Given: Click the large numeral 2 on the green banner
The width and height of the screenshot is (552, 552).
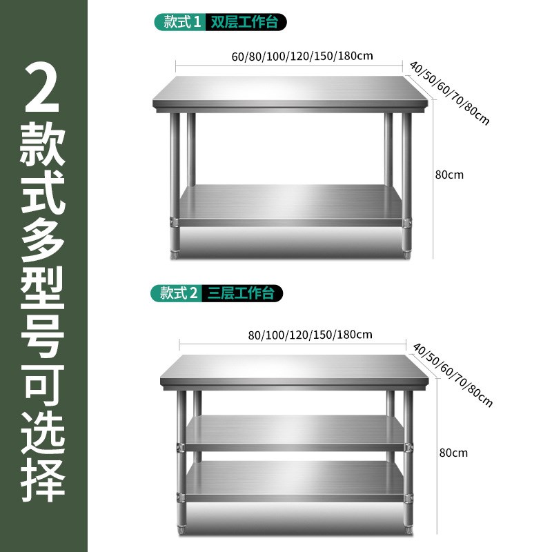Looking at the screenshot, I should click(42, 88).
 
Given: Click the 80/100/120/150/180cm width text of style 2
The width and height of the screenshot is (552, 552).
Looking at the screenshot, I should click(310, 335).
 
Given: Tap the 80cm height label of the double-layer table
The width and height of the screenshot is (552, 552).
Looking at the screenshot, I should click(449, 174).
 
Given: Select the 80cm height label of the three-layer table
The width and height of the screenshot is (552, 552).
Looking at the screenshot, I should click(453, 453).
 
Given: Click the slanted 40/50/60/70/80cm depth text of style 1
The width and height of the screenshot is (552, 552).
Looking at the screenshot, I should click(449, 93).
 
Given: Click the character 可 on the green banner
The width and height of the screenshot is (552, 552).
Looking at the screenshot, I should click(43, 377).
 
